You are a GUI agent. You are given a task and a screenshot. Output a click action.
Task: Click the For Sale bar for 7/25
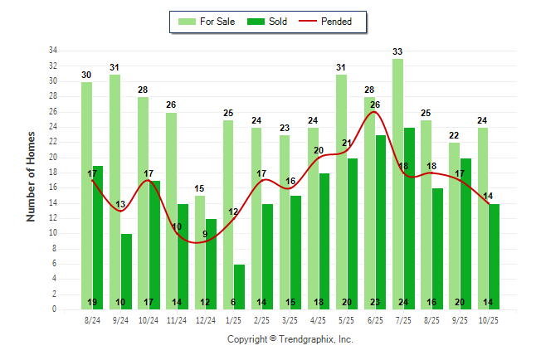tap(398, 182)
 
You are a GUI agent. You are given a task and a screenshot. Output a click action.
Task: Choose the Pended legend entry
tap(335, 22)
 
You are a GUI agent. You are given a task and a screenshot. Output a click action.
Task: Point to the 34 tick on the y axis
tap(53, 51)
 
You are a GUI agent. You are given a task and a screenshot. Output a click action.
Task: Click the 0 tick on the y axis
tap(55, 309)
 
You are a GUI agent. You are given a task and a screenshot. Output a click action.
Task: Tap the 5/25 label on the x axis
tap(348, 320)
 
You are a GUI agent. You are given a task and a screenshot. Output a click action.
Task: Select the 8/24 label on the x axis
tap(93, 320)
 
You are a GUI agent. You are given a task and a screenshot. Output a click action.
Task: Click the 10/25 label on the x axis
tap(489, 320)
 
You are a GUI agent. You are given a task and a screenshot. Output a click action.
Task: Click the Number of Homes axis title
tap(32, 176)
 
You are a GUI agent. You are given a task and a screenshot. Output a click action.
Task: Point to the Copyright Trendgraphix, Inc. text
tap(290, 339)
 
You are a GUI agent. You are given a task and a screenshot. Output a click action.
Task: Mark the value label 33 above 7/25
tap(398, 51)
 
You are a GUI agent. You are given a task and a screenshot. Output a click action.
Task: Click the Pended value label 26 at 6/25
tap(375, 105)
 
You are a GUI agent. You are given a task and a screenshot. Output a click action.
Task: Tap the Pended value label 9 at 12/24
tap(206, 235)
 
